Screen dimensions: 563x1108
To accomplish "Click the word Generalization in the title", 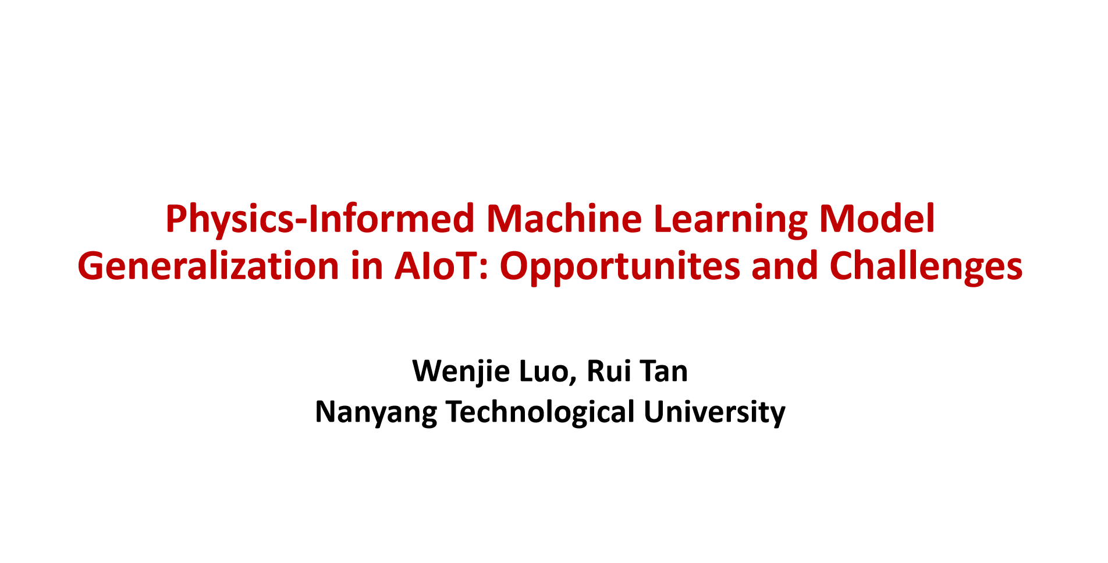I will (x=208, y=267).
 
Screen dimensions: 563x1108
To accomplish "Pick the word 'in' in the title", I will (x=367, y=267).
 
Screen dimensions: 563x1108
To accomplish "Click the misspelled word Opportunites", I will (x=620, y=267).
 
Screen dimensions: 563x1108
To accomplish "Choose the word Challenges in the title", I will (x=926, y=267).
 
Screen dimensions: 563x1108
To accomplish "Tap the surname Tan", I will (x=665, y=371).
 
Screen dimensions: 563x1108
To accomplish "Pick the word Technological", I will (x=541, y=412).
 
